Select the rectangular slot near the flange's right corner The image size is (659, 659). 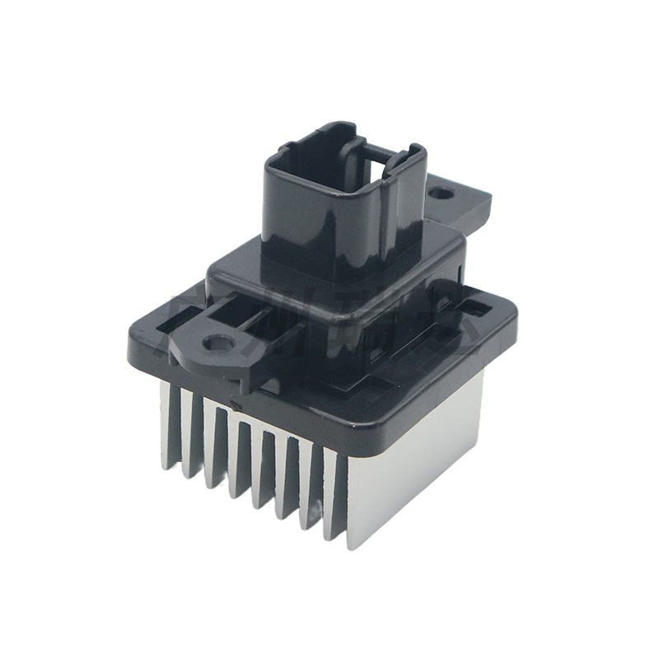tap(475, 310)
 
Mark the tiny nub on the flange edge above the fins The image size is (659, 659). tap(234, 404)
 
